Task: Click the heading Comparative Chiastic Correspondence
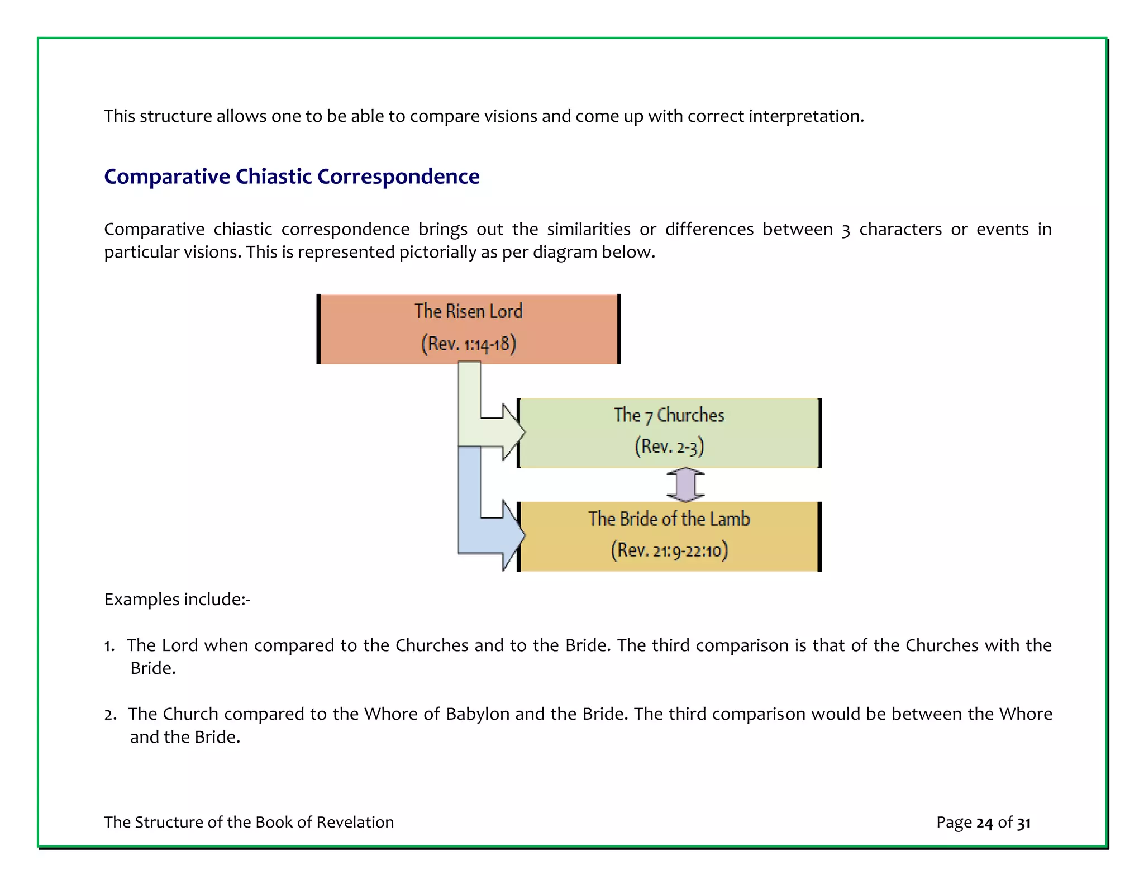pyautogui.click(x=292, y=177)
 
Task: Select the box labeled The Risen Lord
pyautogui.click(x=468, y=329)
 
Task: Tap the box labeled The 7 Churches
pyautogui.click(x=669, y=433)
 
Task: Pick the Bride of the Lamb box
pyautogui.click(x=669, y=536)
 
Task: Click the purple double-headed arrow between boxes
pyautogui.click(x=685, y=484)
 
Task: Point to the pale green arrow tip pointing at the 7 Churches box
pyautogui.click(x=513, y=432)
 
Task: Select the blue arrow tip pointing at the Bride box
pyautogui.click(x=513, y=535)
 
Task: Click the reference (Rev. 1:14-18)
pyautogui.click(x=468, y=344)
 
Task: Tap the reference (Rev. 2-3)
pyautogui.click(x=669, y=446)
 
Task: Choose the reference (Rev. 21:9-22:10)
pyautogui.click(x=669, y=550)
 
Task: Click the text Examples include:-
pyautogui.click(x=177, y=600)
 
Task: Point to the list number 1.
pyautogui.click(x=109, y=646)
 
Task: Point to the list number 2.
pyautogui.click(x=109, y=715)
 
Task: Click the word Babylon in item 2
pyautogui.click(x=478, y=714)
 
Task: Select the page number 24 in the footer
pyautogui.click(x=984, y=823)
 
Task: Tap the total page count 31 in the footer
pyautogui.click(x=1023, y=823)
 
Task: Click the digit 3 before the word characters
pyautogui.click(x=846, y=230)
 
